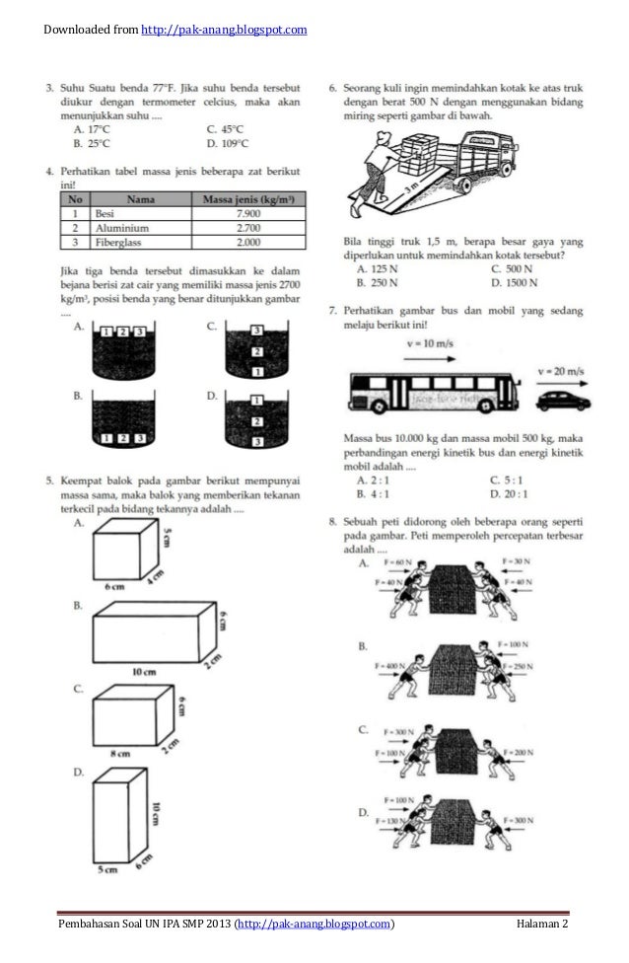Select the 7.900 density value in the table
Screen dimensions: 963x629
pos(247,212)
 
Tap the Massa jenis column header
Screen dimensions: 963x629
pos(247,197)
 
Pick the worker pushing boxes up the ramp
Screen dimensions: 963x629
pos(380,163)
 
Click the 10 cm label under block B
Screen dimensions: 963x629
pos(146,673)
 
